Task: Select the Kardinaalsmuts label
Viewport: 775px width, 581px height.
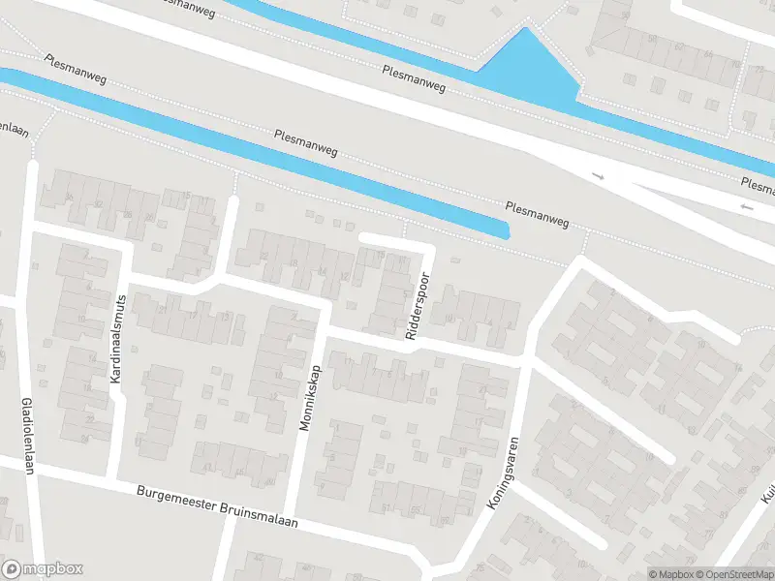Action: [x=117, y=338]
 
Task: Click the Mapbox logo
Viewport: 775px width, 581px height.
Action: [x=43, y=569]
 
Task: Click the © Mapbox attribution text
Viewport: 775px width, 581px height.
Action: [x=672, y=574]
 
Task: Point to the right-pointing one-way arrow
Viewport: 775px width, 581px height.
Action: [x=598, y=176]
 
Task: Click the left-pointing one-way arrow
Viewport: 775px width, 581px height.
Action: [x=745, y=207]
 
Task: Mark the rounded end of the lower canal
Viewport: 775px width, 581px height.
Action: [x=505, y=230]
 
